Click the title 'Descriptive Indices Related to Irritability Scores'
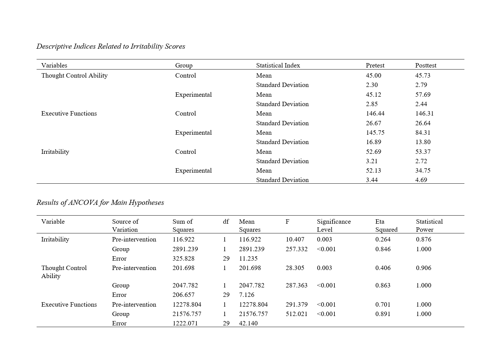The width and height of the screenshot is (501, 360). pos(111,46)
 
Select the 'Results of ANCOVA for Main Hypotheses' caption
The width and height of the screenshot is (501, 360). pos(100,203)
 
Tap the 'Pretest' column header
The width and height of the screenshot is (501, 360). pos(375,65)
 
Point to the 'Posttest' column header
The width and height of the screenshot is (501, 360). pos(426,65)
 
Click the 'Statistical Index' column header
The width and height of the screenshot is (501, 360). pos(278,65)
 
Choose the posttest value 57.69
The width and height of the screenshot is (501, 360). pos(423,95)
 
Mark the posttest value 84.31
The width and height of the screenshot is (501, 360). pos(423,133)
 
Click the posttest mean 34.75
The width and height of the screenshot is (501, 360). pos(423,171)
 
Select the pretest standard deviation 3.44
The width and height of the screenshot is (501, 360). pos(372,180)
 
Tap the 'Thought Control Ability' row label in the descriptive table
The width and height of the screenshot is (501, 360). pos(75,76)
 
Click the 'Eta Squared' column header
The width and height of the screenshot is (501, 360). pos(386,226)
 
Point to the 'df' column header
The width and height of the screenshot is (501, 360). pos(226,222)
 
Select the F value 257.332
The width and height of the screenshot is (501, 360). pos(297,249)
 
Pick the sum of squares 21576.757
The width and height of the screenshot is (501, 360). pos(187,314)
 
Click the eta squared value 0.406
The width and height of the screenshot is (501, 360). pos(383,268)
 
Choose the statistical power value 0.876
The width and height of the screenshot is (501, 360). pos(423,239)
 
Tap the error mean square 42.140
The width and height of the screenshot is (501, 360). pos(248,323)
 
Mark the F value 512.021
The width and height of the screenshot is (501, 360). pos(297,314)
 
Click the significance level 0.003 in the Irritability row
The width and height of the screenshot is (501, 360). pos(324,239)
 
